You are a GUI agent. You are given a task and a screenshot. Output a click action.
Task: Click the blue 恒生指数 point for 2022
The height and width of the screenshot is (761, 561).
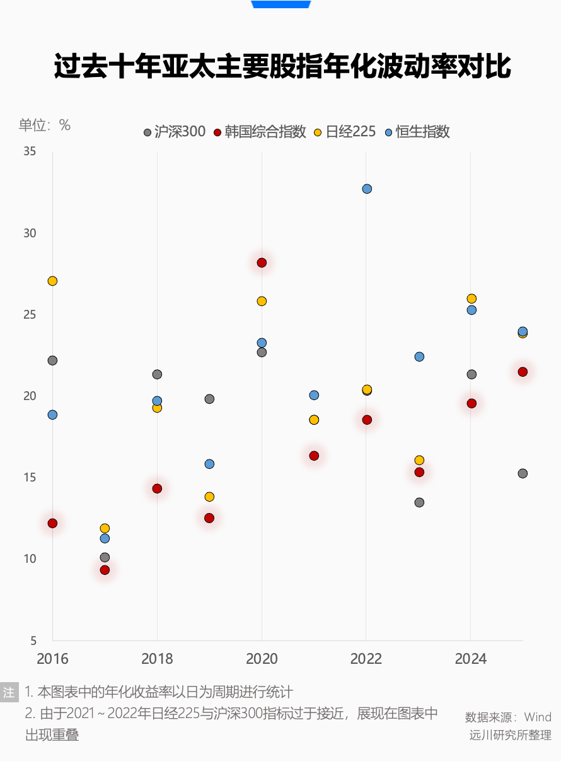click(x=367, y=189)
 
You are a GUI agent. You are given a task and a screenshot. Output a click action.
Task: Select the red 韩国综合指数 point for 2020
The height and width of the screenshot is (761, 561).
click(x=262, y=263)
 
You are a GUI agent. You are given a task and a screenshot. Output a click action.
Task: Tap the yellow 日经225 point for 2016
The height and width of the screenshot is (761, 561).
click(x=52, y=281)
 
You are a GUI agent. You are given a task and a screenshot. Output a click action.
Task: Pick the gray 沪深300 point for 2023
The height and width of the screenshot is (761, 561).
click(x=419, y=502)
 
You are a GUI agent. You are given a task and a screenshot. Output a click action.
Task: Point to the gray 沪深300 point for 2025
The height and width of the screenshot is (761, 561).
click(x=523, y=473)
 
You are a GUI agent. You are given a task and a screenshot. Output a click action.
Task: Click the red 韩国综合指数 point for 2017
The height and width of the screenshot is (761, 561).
click(x=105, y=570)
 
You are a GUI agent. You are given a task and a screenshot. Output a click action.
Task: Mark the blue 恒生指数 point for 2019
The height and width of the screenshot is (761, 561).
click(x=209, y=464)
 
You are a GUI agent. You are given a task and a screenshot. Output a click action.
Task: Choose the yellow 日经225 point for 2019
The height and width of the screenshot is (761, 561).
click(x=209, y=497)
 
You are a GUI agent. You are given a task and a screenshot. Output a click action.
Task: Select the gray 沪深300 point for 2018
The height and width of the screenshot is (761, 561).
click(x=157, y=374)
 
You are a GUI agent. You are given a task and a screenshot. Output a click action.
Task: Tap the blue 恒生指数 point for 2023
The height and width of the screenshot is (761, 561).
click(x=419, y=357)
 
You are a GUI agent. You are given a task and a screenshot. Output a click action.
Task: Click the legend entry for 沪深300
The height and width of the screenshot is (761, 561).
click(x=175, y=132)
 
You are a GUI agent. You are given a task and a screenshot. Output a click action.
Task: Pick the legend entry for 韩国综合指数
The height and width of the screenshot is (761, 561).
click(x=260, y=132)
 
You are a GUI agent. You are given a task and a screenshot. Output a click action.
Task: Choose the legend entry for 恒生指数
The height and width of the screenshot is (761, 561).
click(x=417, y=132)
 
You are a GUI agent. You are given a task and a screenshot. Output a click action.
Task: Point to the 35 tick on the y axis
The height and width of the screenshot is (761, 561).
click(x=30, y=151)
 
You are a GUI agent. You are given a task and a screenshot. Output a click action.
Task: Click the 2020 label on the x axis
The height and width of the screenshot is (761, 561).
click(x=262, y=659)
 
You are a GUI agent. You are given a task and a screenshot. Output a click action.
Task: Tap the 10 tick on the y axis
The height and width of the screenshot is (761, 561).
click(x=30, y=559)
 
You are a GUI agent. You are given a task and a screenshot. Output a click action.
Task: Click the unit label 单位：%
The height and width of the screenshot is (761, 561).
click(x=45, y=125)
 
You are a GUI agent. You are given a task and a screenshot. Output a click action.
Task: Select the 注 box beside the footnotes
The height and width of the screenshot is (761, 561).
click(x=9, y=692)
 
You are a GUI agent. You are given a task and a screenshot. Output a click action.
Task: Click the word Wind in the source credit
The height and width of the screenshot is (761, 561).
click(x=538, y=717)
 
